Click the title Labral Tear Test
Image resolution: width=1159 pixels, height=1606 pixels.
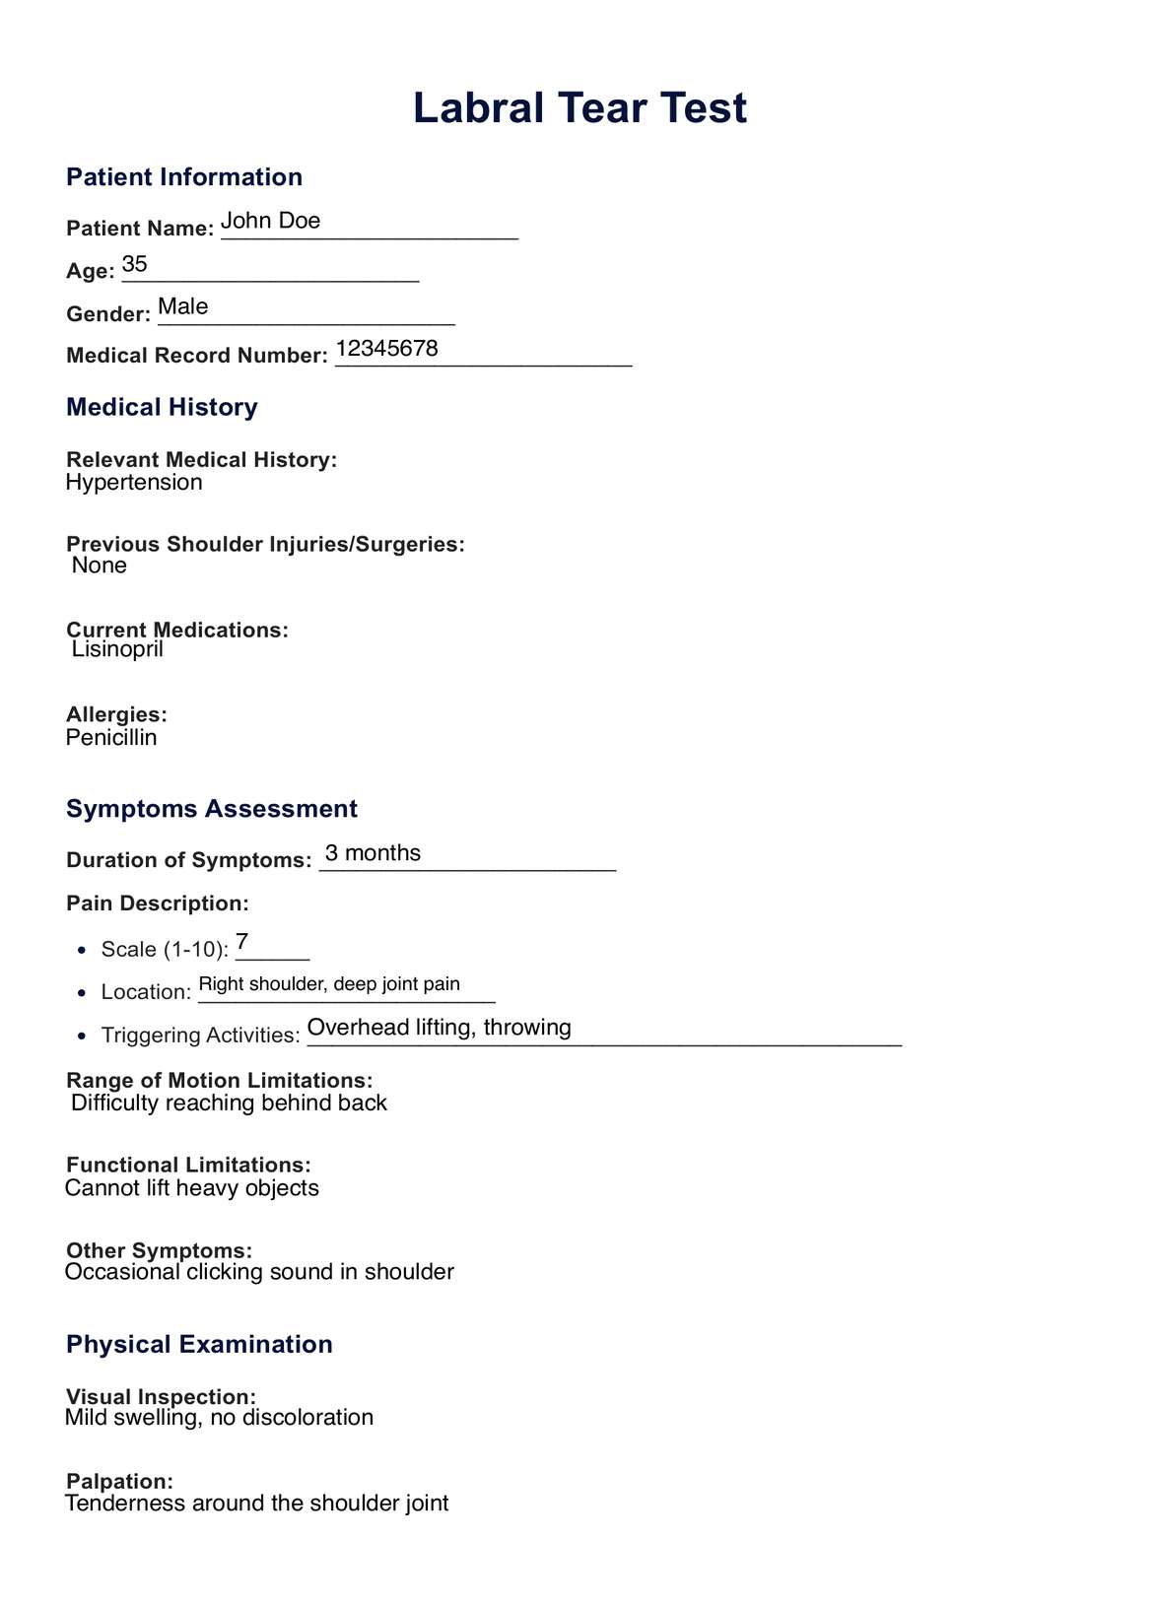(579, 107)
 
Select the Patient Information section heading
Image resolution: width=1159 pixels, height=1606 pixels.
(184, 177)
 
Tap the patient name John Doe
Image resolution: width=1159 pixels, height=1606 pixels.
(271, 221)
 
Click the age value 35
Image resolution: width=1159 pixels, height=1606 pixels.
(135, 264)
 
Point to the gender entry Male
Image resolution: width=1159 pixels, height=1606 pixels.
(183, 306)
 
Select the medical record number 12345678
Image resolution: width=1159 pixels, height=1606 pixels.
(387, 349)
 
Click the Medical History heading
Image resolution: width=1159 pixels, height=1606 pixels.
(162, 407)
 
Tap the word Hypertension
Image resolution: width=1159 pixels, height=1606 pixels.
(134, 482)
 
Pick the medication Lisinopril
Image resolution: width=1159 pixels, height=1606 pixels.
(117, 649)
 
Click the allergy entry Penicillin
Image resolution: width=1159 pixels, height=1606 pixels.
(111, 737)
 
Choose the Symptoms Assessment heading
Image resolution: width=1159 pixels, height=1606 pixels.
(212, 809)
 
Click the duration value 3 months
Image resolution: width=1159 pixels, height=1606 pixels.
(374, 853)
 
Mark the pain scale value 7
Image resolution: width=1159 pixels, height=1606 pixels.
(242, 942)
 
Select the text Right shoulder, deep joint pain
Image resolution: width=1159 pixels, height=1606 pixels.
(329, 983)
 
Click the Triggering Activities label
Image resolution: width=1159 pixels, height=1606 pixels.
(200, 1036)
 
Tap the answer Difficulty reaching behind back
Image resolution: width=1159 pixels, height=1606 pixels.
(229, 1103)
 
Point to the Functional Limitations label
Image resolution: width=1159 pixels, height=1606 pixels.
(188, 1166)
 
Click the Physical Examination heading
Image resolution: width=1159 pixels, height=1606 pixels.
(199, 1345)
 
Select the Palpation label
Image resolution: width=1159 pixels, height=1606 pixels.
(119, 1482)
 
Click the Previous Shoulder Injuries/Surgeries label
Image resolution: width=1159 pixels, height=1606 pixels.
(265, 544)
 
